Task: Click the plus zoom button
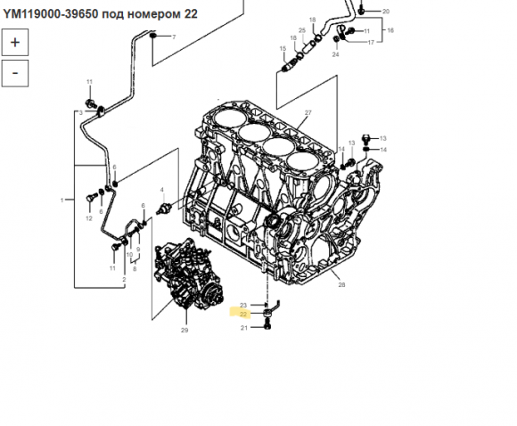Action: [x=15, y=42]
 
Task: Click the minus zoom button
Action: [x=15, y=73]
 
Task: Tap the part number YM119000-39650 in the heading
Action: [x=51, y=14]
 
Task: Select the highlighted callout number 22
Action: [x=243, y=315]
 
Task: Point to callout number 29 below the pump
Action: [x=185, y=330]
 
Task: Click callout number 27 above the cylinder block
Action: [x=308, y=113]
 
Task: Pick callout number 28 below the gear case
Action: [x=341, y=284]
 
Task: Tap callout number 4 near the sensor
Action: [x=162, y=190]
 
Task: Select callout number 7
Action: [x=174, y=37]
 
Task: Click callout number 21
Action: [x=244, y=328]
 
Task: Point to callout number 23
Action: [x=243, y=306]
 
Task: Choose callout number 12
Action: [x=89, y=218]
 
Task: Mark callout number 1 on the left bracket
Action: [x=62, y=200]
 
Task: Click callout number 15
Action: [x=283, y=48]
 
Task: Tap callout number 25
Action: [x=302, y=30]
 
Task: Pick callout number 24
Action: [x=335, y=54]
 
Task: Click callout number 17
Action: [x=371, y=42]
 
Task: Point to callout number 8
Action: [x=135, y=269]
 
